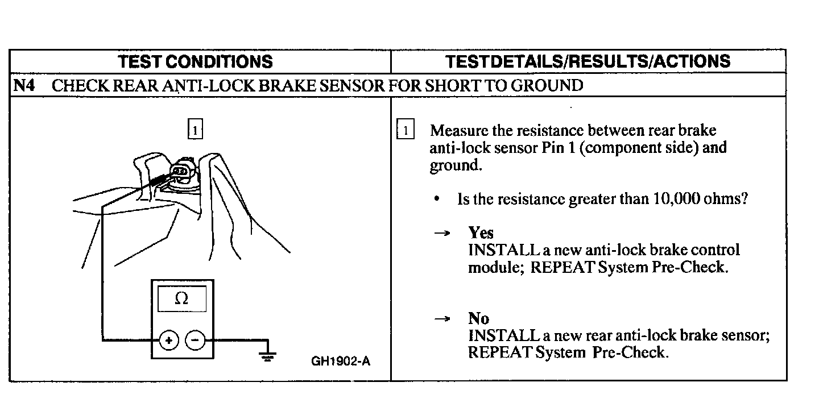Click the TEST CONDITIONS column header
tap(196, 61)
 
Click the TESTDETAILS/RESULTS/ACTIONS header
tap(588, 61)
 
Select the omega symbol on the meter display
tap(181, 298)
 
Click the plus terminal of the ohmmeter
tap(168, 340)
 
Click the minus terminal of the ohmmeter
tap(195, 340)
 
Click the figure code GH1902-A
tap(341, 361)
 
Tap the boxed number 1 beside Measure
tap(405, 130)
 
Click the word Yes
tap(481, 232)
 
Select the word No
tap(478, 318)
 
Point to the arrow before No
tap(442, 319)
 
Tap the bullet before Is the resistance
tap(436, 200)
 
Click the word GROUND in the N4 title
tap(547, 86)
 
